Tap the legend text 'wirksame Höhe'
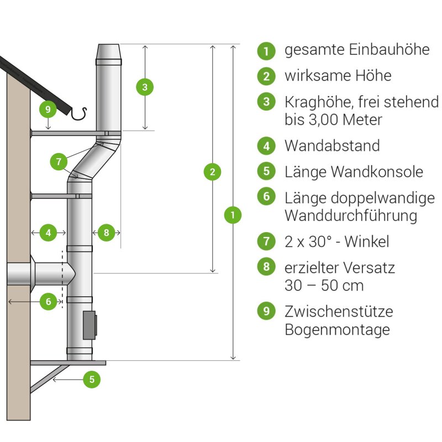338,75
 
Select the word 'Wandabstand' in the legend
332,146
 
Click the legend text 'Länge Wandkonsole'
354,172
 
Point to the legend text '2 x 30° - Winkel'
337,241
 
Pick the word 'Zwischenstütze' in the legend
339,311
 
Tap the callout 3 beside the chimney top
144,87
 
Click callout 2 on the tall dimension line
212,172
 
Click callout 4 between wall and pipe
49,233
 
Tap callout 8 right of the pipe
106,233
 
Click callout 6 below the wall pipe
49,302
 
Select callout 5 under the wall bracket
92,380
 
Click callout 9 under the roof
48,109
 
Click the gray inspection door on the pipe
89,325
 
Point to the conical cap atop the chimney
109,55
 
